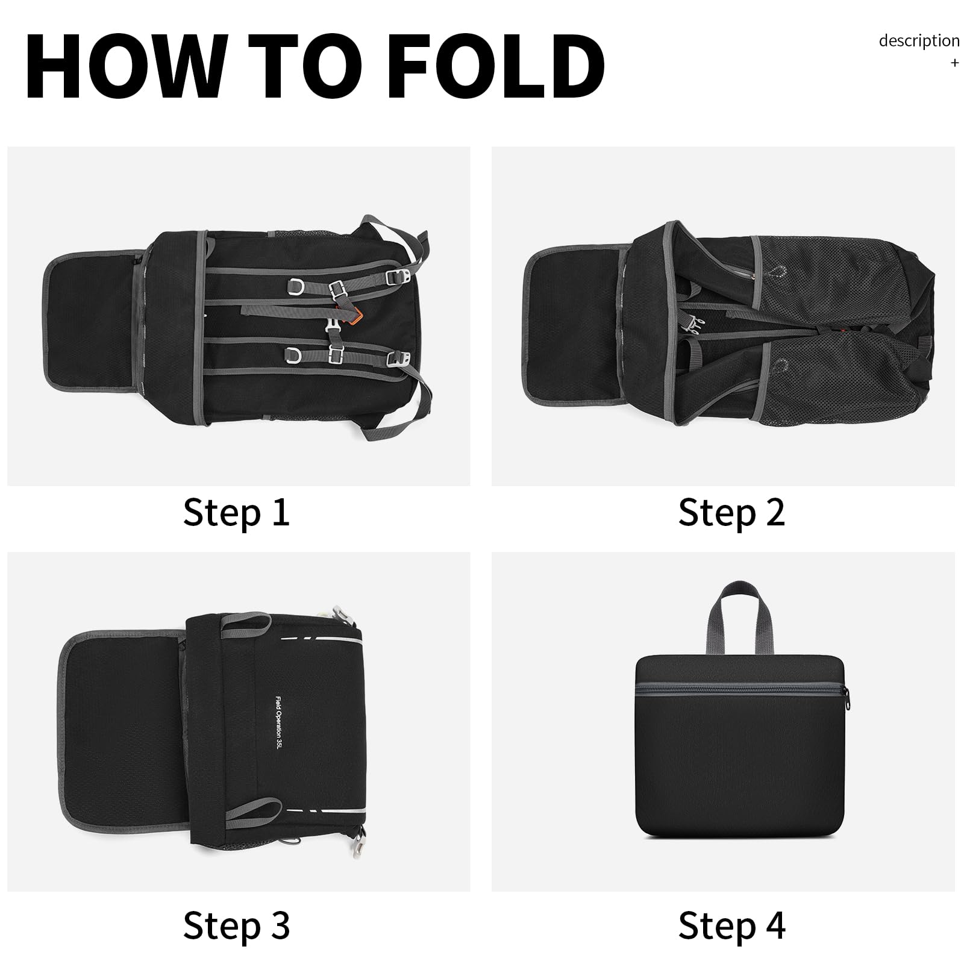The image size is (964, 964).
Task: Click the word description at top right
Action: (919, 41)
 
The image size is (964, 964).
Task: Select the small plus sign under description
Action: (954, 63)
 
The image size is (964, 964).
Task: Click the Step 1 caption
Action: (236, 513)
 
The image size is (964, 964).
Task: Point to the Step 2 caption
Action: (731, 513)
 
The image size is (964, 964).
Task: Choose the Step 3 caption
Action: (236, 925)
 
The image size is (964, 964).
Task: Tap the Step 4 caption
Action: (731, 925)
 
